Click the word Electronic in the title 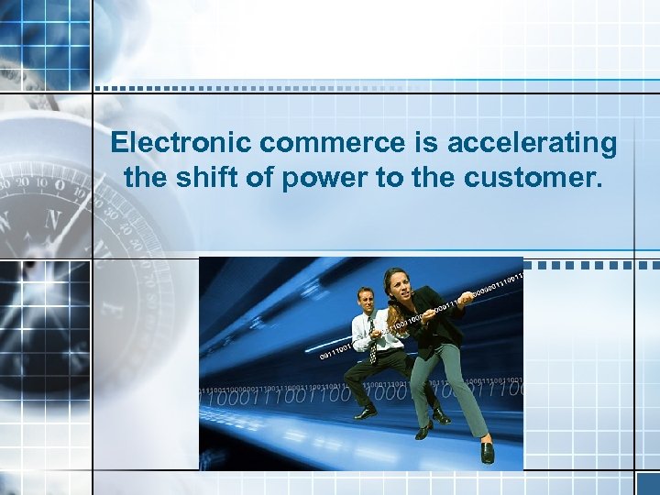(x=180, y=144)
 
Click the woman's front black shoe (x=488, y=451)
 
